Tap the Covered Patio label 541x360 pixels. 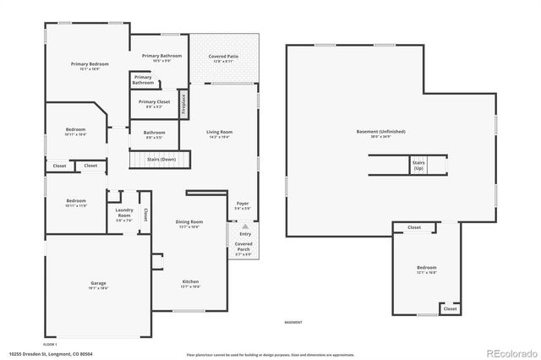(x=221, y=57)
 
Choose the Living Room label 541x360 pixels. (x=219, y=133)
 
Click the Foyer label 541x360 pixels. (x=243, y=204)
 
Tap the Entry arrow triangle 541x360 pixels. (x=245, y=226)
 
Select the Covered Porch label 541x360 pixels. (x=243, y=246)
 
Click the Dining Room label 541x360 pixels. (x=189, y=223)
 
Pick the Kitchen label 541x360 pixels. (x=191, y=282)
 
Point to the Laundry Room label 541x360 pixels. (x=123, y=216)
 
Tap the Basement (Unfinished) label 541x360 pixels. (x=380, y=132)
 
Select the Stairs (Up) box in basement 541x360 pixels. (x=418, y=164)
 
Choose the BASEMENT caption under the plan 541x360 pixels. (x=292, y=322)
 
